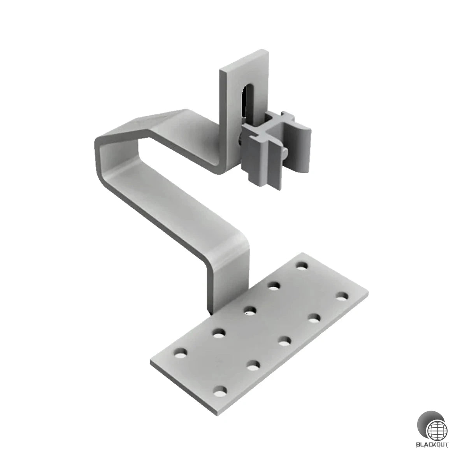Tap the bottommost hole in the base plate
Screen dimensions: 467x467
220,390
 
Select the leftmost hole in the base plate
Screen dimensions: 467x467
180,354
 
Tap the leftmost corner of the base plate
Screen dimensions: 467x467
151,362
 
